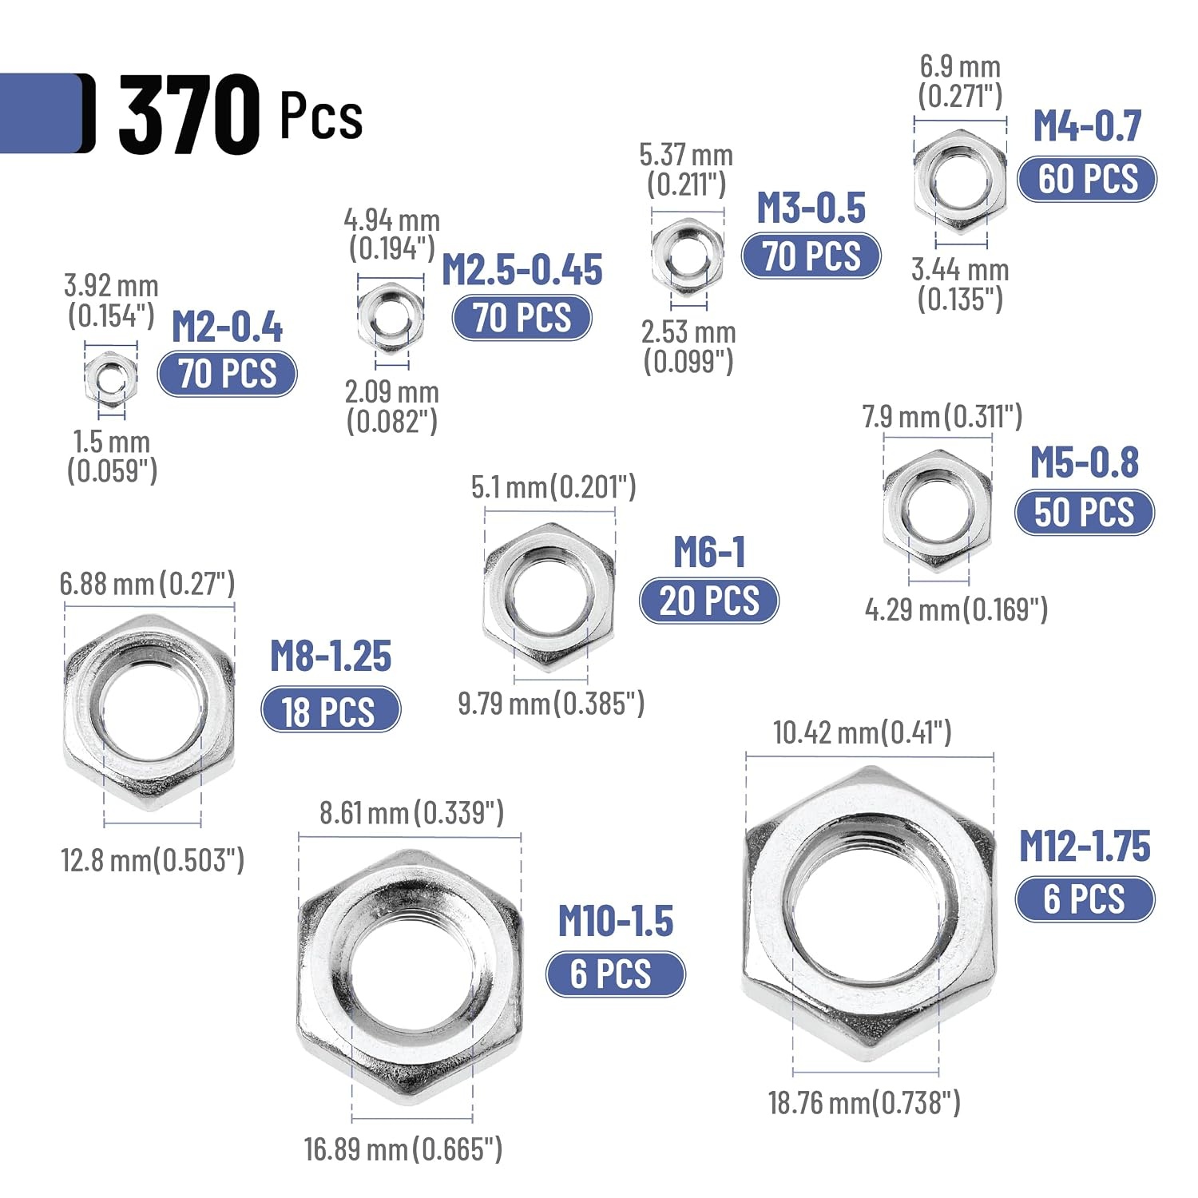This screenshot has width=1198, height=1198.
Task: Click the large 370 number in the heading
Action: point(189,114)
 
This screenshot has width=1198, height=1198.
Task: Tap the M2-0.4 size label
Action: point(228,327)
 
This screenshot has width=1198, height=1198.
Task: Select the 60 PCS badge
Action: point(1087,179)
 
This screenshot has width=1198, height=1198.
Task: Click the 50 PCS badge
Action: point(1085,512)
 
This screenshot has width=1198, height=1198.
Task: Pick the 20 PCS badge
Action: point(709,601)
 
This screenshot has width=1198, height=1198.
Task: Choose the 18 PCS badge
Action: point(331,710)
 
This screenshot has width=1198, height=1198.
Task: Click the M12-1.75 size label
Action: point(1085,846)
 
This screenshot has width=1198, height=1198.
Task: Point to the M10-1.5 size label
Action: point(616,921)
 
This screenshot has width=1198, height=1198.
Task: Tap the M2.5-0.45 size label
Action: point(522,270)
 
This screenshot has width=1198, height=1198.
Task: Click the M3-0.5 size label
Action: point(811,208)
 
